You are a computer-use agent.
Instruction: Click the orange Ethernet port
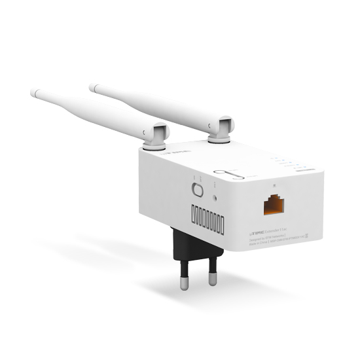pos(274,205)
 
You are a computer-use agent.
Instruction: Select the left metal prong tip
pos(185,283)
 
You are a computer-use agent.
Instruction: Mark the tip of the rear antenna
pos(92,86)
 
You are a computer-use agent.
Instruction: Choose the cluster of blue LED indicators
pos(283,162)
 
